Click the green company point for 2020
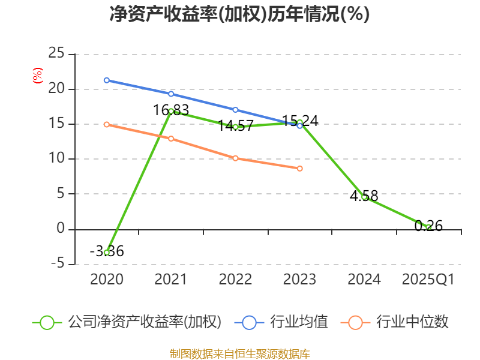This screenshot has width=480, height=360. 107,253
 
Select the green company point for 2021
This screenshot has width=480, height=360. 171,111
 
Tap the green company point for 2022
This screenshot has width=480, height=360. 235,127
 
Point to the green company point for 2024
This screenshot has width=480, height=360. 364,197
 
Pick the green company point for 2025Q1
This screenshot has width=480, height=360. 428,227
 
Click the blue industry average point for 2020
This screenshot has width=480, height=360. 107,80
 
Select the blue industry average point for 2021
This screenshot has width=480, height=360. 171,94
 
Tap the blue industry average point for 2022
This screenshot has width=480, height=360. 235,110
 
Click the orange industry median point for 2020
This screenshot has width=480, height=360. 107,124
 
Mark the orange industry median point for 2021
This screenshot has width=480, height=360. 171,139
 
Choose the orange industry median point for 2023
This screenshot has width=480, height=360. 299,169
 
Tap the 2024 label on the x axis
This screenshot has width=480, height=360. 364,280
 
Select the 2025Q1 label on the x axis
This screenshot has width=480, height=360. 428,280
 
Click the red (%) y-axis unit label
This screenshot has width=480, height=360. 37,76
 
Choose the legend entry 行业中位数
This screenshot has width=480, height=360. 399,322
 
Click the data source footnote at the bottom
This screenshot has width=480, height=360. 239,353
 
